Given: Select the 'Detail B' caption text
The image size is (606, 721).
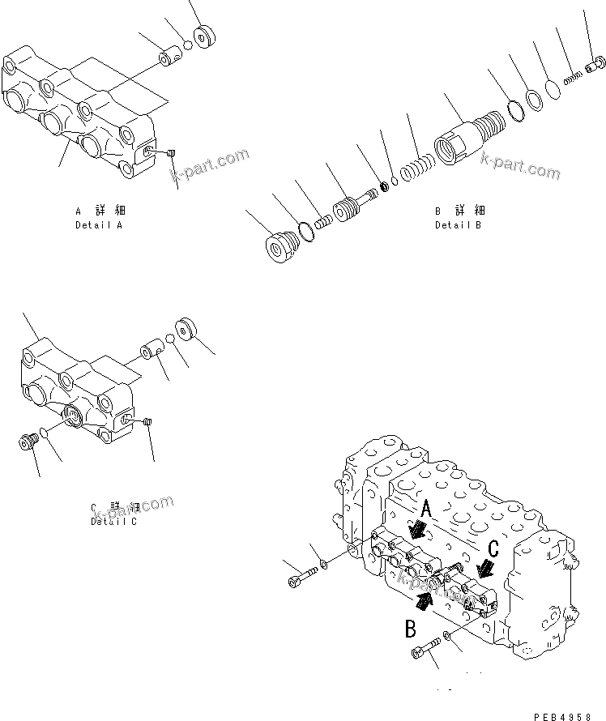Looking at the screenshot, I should click(458, 224).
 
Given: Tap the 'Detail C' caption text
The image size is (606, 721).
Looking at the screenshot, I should click(113, 521).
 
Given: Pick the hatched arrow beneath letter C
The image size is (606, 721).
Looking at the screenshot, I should click(485, 566).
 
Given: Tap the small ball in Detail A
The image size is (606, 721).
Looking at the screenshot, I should click(187, 46).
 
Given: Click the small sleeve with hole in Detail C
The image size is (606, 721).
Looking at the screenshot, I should click(151, 354).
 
